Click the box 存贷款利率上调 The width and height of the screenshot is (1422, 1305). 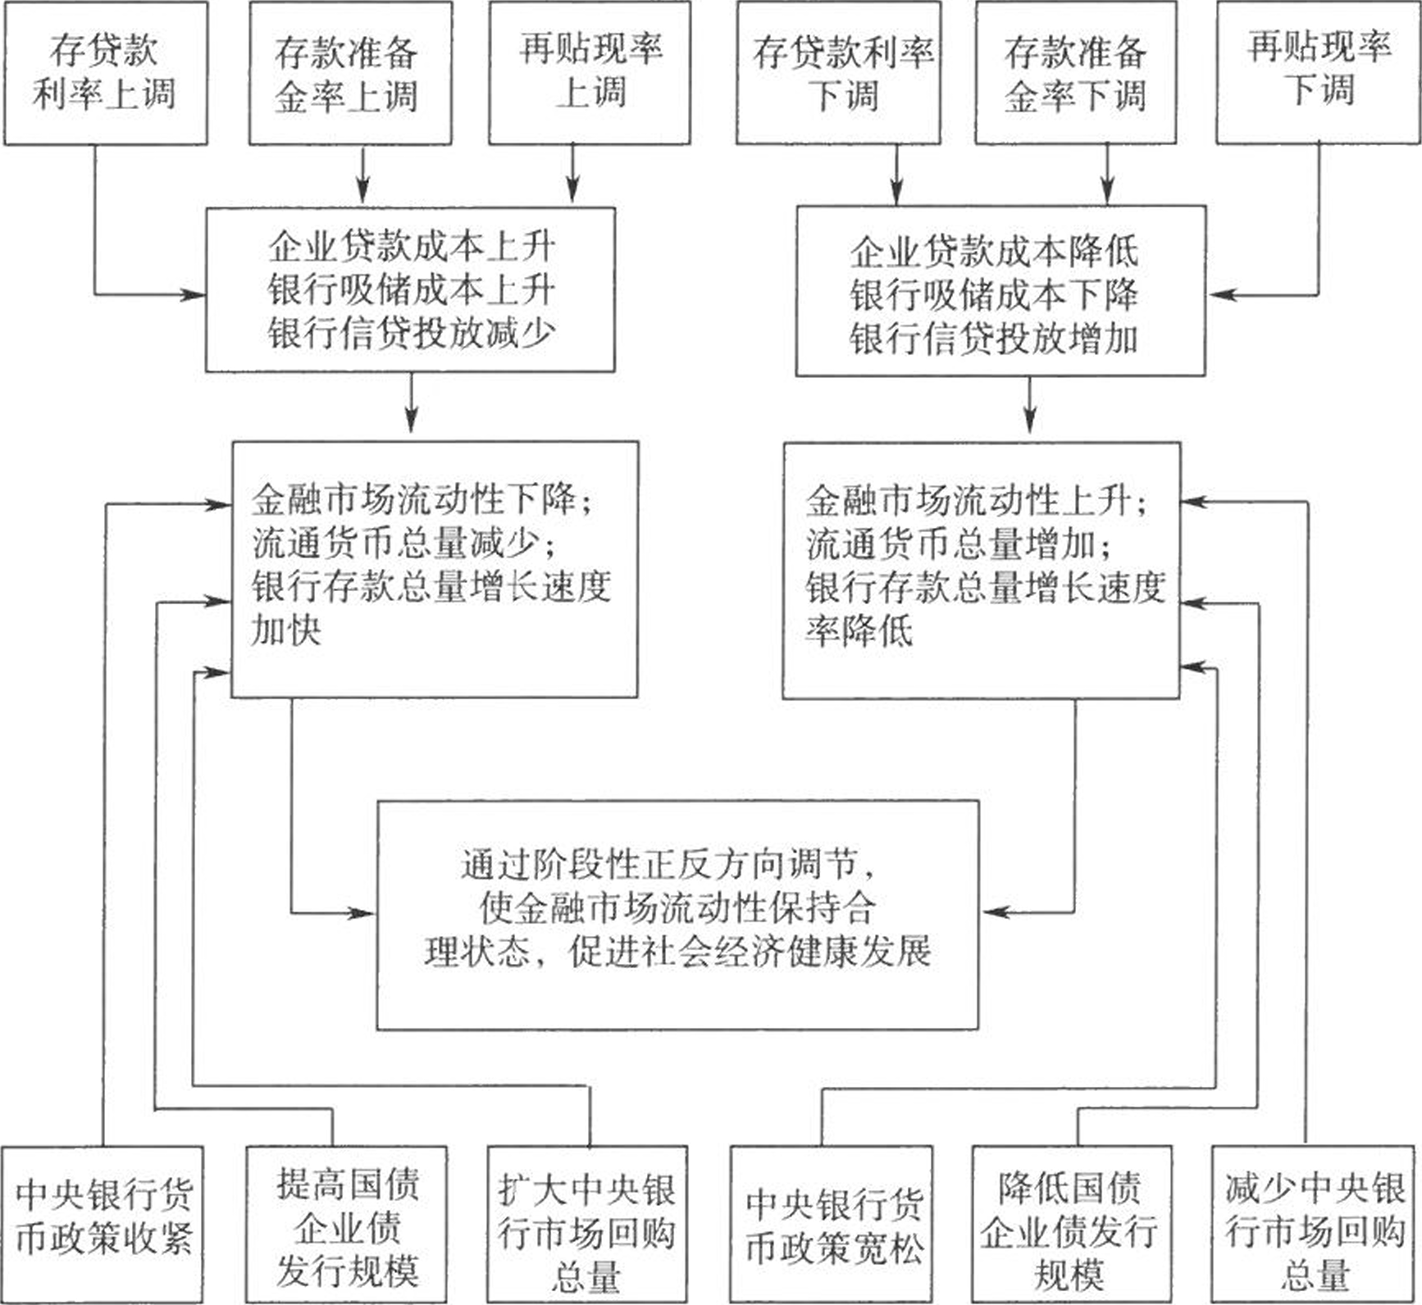pos(106,74)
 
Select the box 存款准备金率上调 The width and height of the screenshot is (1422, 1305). pos(350,74)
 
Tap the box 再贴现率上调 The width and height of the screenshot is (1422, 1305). pos(590,74)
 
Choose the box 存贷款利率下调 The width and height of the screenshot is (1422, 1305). pos(838,74)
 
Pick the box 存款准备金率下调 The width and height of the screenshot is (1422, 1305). pos(1076,74)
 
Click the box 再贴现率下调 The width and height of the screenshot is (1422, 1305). pos(1318,74)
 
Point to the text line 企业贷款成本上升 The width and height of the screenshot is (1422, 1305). pos(412,247)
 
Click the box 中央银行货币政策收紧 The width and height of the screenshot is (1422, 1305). pos(103,1225)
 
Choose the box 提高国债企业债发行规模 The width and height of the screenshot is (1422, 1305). pos(347,1225)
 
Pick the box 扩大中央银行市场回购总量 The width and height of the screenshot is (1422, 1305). pos(586,1225)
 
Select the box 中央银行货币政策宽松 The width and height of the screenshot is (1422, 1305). pos(832,1225)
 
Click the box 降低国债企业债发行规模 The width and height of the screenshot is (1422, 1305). pos(1071,1225)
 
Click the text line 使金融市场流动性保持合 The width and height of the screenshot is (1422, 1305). pos(677,907)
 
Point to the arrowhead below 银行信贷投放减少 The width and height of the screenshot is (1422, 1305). pos(411,420)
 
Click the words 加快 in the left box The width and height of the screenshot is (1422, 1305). pos(286,630)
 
